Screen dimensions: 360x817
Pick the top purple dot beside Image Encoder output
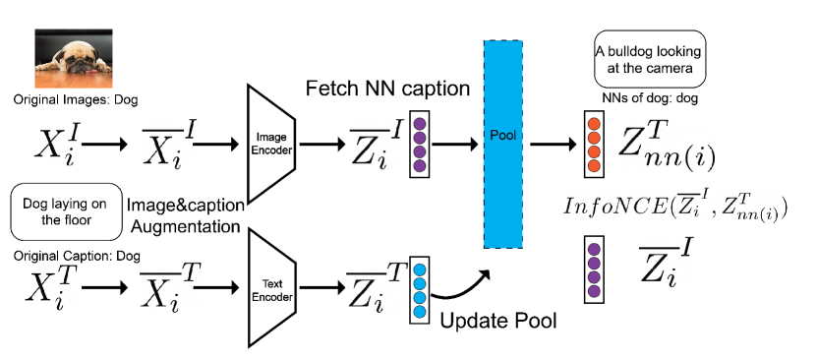[420, 125]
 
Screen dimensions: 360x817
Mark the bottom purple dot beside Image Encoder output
[420, 166]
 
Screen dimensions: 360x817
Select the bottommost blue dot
[420, 312]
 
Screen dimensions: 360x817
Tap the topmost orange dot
[594, 124]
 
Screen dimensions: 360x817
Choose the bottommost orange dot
[594, 165]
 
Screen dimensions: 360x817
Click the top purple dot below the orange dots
[594, 248]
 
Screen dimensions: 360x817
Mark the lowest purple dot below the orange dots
[594, 292]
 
